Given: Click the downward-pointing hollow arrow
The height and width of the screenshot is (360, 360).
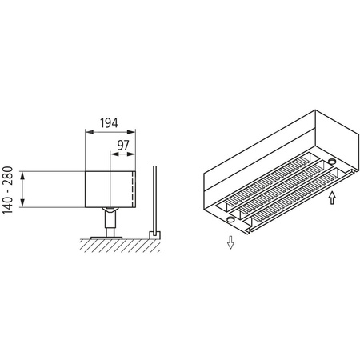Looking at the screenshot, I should [x=230, y=242].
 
